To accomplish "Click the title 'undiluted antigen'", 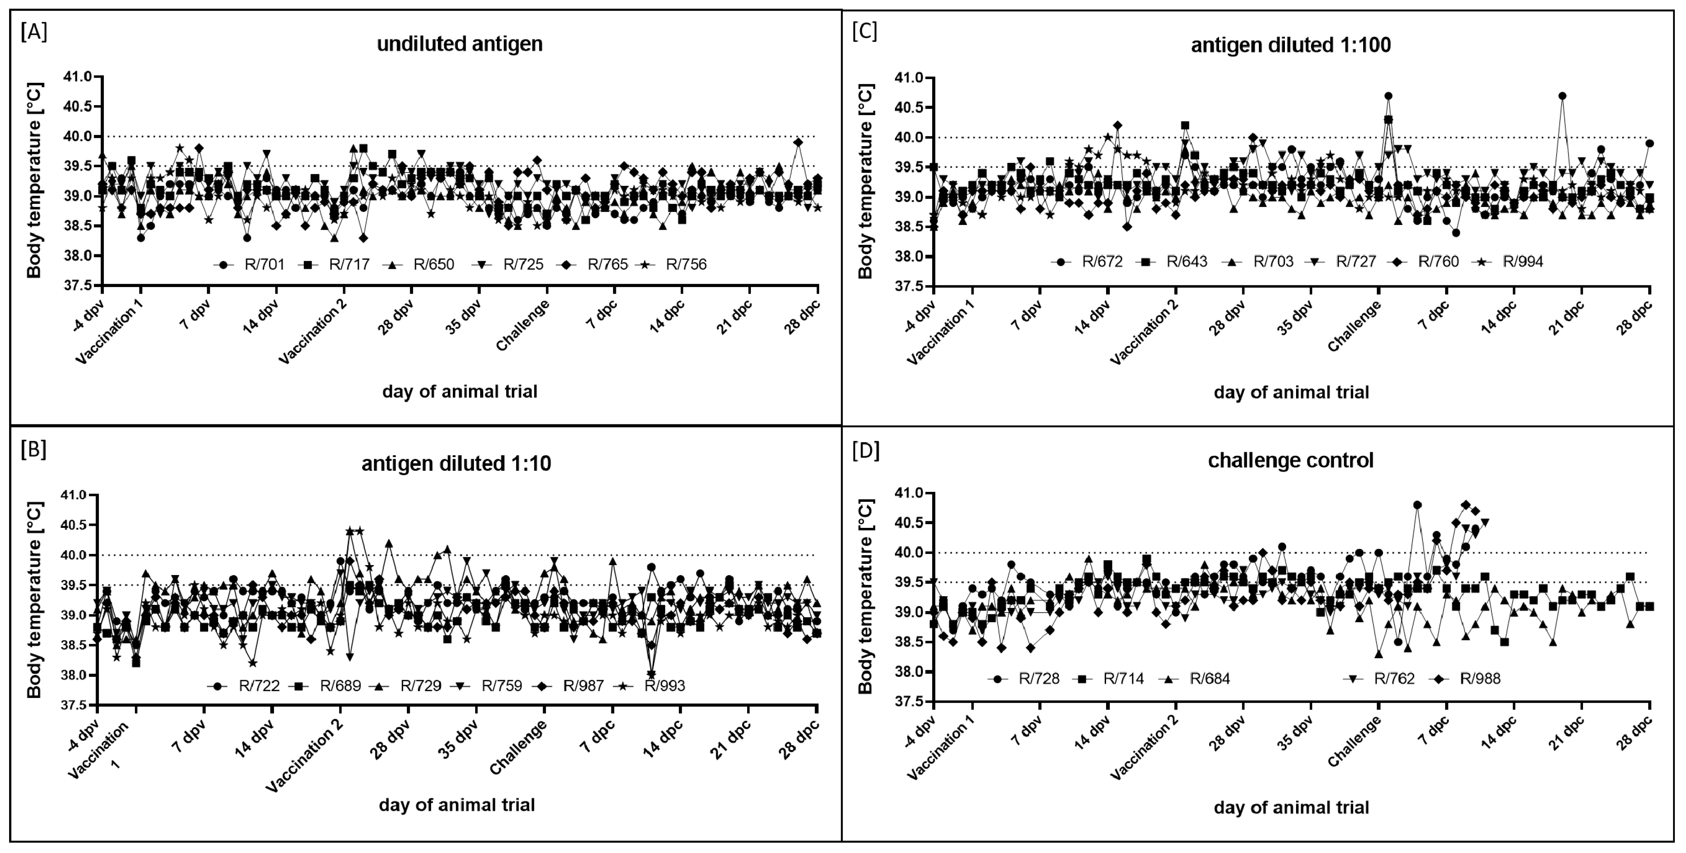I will pyautogui.click(x=459, y=44).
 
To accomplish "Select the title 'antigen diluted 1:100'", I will pyautogui.click(x=1291, y=45).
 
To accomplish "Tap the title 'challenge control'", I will pyautogui.click(x=1291, y=460).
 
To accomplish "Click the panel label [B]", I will pyautogui.click(x=34, y=450).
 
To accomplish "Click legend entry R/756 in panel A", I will pyautogui.click(x=686, y=264).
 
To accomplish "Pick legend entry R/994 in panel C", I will pyautogui.click(x=1522, y=262).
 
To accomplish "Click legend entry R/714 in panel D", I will pyautogui.click(x=1123, y=678).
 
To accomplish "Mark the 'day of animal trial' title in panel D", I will pyautogui.click(x=1291, y=807).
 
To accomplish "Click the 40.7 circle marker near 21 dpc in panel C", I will pyautogui.click(x=1562, y=96).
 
